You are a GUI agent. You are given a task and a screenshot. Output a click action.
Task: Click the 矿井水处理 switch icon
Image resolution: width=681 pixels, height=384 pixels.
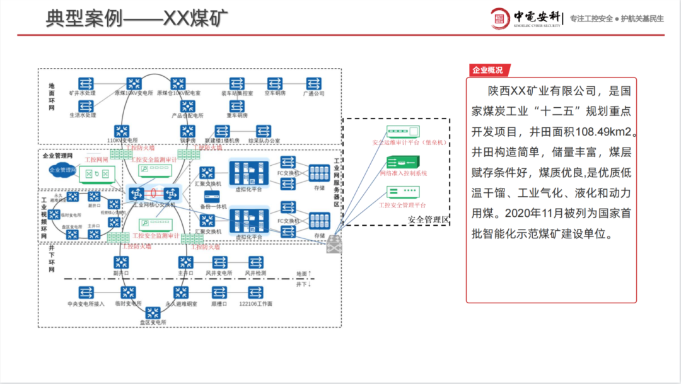point(86,83)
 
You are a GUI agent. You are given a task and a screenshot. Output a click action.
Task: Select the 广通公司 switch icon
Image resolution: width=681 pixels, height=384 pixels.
point(314,83)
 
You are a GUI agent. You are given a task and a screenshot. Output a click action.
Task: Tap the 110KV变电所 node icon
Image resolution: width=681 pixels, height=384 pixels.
point(122,131)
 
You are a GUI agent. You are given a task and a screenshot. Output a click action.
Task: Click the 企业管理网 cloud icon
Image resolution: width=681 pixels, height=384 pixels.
point(62,170)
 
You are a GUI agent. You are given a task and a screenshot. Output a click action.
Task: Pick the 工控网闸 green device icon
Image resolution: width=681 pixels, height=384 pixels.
point(97,173)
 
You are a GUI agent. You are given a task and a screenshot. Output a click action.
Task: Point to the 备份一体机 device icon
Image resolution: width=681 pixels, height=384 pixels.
point(212,196)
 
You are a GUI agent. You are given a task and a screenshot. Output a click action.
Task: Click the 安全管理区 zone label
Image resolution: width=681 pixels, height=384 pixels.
point(428,219)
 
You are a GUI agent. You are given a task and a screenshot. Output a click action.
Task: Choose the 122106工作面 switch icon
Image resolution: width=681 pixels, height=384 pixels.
point(255,292)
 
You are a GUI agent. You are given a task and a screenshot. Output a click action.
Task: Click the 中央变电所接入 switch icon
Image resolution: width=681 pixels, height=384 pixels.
point(86,292)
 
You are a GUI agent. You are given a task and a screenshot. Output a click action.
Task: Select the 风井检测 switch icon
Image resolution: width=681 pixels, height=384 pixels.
point(255,262)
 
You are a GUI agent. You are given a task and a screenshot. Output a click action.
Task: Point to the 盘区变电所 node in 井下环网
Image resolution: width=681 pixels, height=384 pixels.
point(153,312)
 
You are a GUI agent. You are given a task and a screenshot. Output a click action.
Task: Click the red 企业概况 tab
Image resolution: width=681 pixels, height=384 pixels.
point(487,70)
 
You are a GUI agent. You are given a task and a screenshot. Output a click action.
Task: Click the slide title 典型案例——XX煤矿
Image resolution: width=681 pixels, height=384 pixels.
point(136,18)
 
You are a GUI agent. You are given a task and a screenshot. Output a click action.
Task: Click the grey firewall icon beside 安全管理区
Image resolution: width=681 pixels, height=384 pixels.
point(332,247)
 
